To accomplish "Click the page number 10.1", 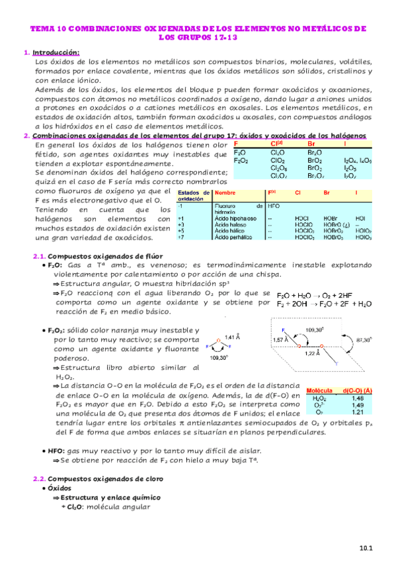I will click(367, 548).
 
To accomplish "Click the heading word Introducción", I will click(56, 52).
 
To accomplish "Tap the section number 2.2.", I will click(40, 478).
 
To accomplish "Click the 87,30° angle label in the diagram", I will click(362, 338).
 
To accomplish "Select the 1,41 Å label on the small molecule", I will click(233, 337).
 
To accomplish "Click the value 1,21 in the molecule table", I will click(358, 412).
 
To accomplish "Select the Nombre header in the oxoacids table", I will click(225, 193).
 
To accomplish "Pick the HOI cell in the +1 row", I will click(360, 218).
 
